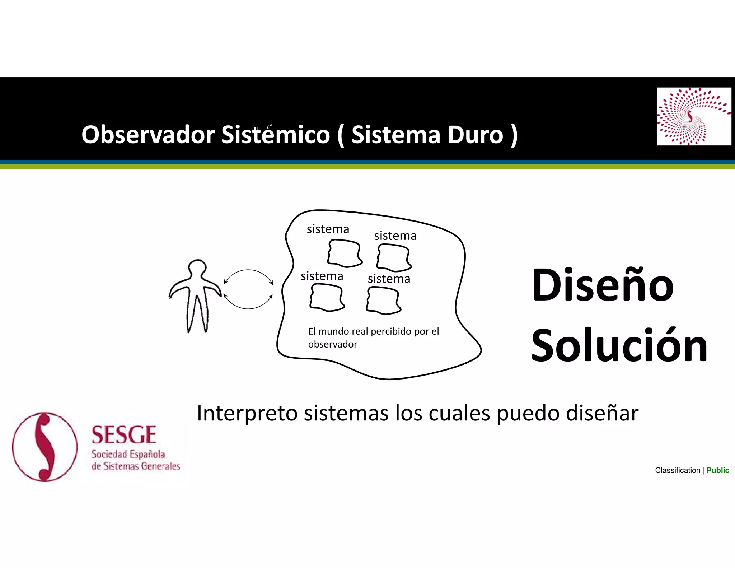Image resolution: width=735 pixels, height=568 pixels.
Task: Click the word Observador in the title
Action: coord(148,135)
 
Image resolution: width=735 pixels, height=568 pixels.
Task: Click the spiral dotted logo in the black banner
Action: coord(693,116)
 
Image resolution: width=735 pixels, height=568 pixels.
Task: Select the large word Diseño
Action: coord(603,285)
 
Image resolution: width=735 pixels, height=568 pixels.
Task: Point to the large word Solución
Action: coord(619,346)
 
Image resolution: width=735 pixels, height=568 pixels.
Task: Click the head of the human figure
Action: coord(197,268)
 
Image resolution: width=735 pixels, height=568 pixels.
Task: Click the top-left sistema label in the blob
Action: coord(328,229)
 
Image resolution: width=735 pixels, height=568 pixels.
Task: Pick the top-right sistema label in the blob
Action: coord(395,236)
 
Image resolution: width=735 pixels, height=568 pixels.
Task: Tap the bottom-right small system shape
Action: coord(383,301)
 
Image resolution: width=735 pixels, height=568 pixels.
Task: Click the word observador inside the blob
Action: coord(333,344)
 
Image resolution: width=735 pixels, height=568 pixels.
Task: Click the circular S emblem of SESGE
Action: coord(45,447)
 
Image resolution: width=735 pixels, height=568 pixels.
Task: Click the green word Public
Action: coord(717,470)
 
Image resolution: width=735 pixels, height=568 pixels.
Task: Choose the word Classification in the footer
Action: coord(677,470)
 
